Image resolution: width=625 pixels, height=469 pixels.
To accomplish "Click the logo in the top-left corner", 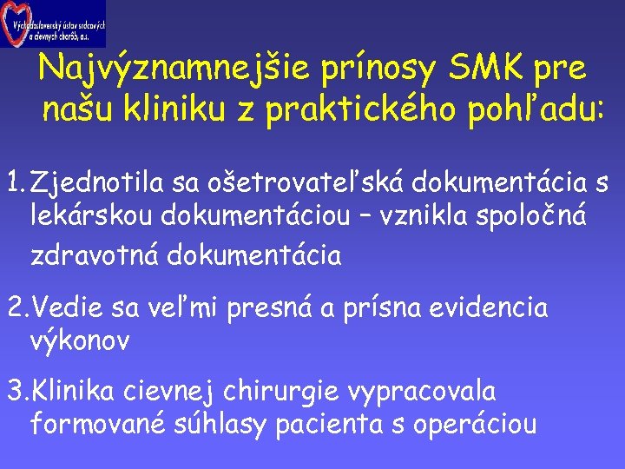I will pos(54,24).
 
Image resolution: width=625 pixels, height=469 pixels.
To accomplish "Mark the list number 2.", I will pos(16,307).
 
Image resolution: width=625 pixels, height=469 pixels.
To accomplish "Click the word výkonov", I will pos(80,341).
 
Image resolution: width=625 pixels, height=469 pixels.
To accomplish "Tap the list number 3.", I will pos(16,391).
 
